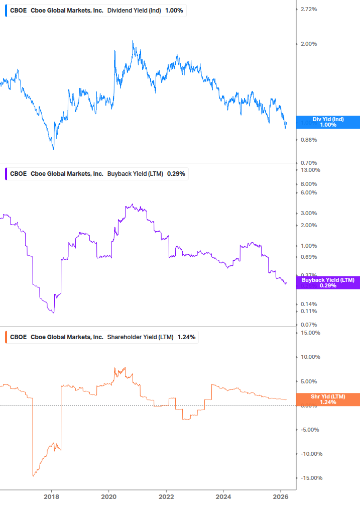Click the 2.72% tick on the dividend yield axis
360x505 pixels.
click(x=308, y=9)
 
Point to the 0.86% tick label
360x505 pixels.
click(x=308, y=140)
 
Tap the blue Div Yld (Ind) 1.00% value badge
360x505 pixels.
click(x=328, y=122)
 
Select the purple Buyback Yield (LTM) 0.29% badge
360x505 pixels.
click(x=328, y=283)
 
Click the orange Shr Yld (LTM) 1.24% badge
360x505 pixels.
click(x=328, y=399)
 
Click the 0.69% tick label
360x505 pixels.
click(x=308, y=257)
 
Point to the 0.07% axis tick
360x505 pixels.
click(x=308, y=325)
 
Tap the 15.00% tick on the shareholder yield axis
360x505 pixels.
click(x=310, y=333)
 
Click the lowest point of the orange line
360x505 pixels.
click(x=33, y=476)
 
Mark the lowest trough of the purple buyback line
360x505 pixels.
click(x=53, y=313)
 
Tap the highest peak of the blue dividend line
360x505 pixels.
click(x=133, y=41)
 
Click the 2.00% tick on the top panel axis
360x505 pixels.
click(x=308, y=44)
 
